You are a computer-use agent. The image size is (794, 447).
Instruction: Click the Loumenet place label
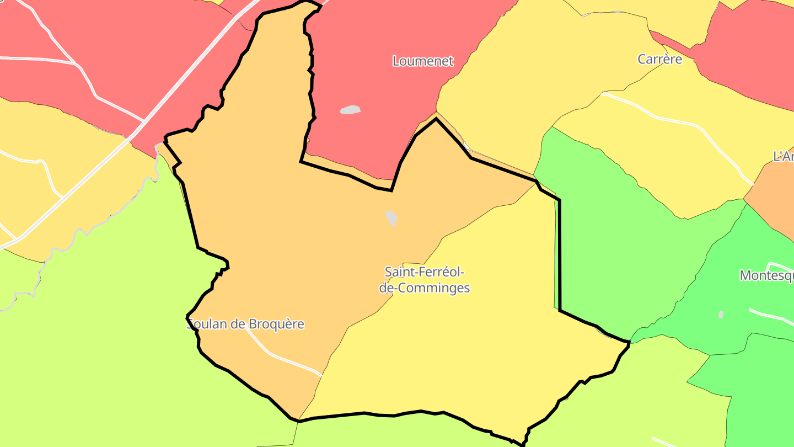tap(423, 61)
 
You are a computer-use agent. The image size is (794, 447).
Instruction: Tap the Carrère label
tap(659, 59)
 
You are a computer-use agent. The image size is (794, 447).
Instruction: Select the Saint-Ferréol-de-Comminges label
tap(424, 280)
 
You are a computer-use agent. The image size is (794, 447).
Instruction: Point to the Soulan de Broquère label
tap(246, 324)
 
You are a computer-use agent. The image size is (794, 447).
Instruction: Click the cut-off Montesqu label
tap(766, 275)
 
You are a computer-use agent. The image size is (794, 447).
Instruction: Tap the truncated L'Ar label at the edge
tap(784, 157)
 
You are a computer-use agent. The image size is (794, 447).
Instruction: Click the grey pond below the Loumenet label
tap(350, 110)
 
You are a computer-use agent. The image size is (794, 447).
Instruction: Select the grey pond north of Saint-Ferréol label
tap(391, 218)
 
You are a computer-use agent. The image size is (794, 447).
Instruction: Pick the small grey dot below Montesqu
tap(721, 315)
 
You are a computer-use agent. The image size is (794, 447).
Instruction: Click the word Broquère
tap(276, 324)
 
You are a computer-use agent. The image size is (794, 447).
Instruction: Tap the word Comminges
tap(438, 288)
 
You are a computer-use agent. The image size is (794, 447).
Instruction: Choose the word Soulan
tap(207, 324)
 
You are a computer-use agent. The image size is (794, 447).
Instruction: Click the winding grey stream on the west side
tap(83, 232)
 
